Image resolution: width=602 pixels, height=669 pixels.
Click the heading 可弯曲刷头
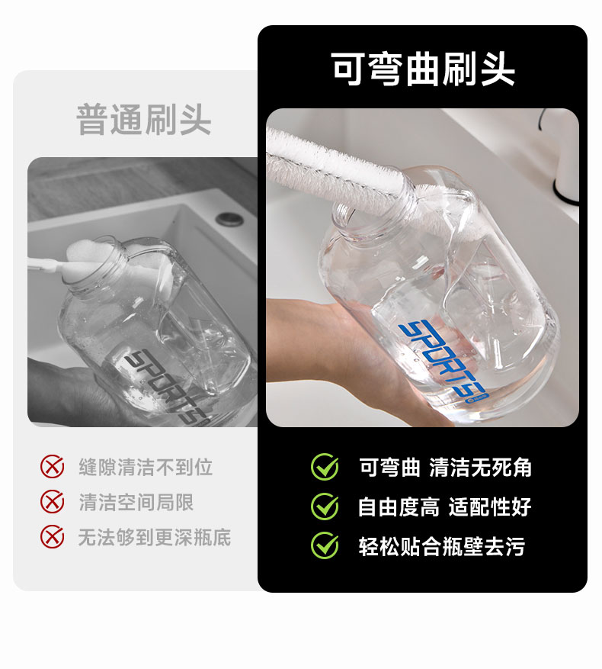point(422,69)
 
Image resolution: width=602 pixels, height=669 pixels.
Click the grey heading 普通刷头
point(144,120)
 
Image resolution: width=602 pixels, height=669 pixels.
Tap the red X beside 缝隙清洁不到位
point(52,466)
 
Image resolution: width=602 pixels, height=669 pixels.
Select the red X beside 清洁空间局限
point(52,502)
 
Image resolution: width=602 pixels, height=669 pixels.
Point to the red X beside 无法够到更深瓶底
point(52,537)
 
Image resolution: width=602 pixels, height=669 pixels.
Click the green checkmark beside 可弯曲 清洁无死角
point(325,467)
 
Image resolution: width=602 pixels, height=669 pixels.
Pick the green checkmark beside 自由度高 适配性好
point(325,507)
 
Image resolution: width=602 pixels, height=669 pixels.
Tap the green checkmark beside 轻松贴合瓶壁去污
point(325,545)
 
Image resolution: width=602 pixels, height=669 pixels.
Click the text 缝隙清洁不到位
point(146,467)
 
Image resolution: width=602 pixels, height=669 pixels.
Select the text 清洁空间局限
point(136,502)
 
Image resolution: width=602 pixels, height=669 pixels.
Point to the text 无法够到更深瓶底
point(155,537)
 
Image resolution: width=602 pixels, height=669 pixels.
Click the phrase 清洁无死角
point(481,467)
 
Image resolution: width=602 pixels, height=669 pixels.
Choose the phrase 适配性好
point(490,507)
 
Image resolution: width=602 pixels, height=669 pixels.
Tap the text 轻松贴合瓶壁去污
point(442,546)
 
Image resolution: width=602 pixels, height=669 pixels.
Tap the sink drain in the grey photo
point(230,219)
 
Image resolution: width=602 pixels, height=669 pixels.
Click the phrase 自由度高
point(399,507)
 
